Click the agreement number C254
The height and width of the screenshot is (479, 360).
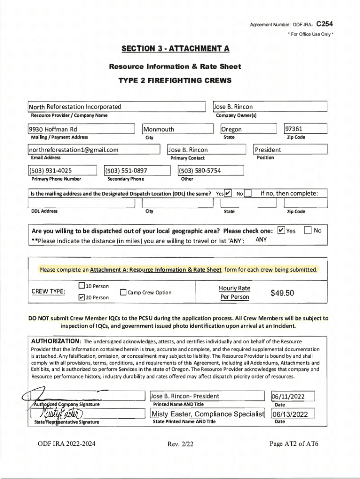tap(324, 24)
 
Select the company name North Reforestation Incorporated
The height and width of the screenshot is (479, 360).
tap(75, 107)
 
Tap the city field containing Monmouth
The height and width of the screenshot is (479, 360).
tap(159, 129)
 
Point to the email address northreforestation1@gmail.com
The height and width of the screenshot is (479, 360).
tap(74, 150)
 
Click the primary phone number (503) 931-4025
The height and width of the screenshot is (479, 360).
tap(51, 171)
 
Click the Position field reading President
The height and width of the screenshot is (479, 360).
tap(268, 150)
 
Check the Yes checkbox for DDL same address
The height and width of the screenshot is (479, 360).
tap(228, 193)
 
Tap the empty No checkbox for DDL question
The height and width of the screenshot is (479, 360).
tap(248, 193)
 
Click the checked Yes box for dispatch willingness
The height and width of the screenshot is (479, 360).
tap(281, 230)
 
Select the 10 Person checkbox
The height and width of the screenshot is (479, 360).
tap(82, 286)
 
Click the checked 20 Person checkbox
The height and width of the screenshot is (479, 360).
tap(82, 297)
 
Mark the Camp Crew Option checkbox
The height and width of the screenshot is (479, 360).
tap(123, 293)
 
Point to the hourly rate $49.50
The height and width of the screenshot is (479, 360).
tap(282, 293)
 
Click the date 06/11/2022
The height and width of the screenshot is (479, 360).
tap(288, 397)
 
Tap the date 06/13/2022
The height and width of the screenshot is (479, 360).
tap(290, 414)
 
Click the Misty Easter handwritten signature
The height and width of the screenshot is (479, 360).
tap(62, 413)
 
